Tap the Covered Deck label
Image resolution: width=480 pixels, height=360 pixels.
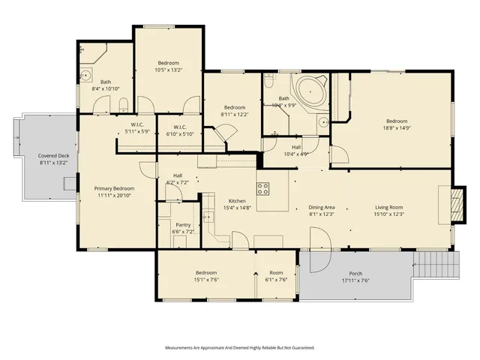[53, 156]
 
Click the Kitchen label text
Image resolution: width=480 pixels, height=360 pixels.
[238, 201]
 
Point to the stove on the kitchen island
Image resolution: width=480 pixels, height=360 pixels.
[263, 187]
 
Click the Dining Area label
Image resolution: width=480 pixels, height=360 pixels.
[322, 207]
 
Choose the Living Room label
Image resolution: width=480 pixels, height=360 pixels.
[389, 207]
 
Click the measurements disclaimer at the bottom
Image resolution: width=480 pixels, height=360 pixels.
[240, 348]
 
